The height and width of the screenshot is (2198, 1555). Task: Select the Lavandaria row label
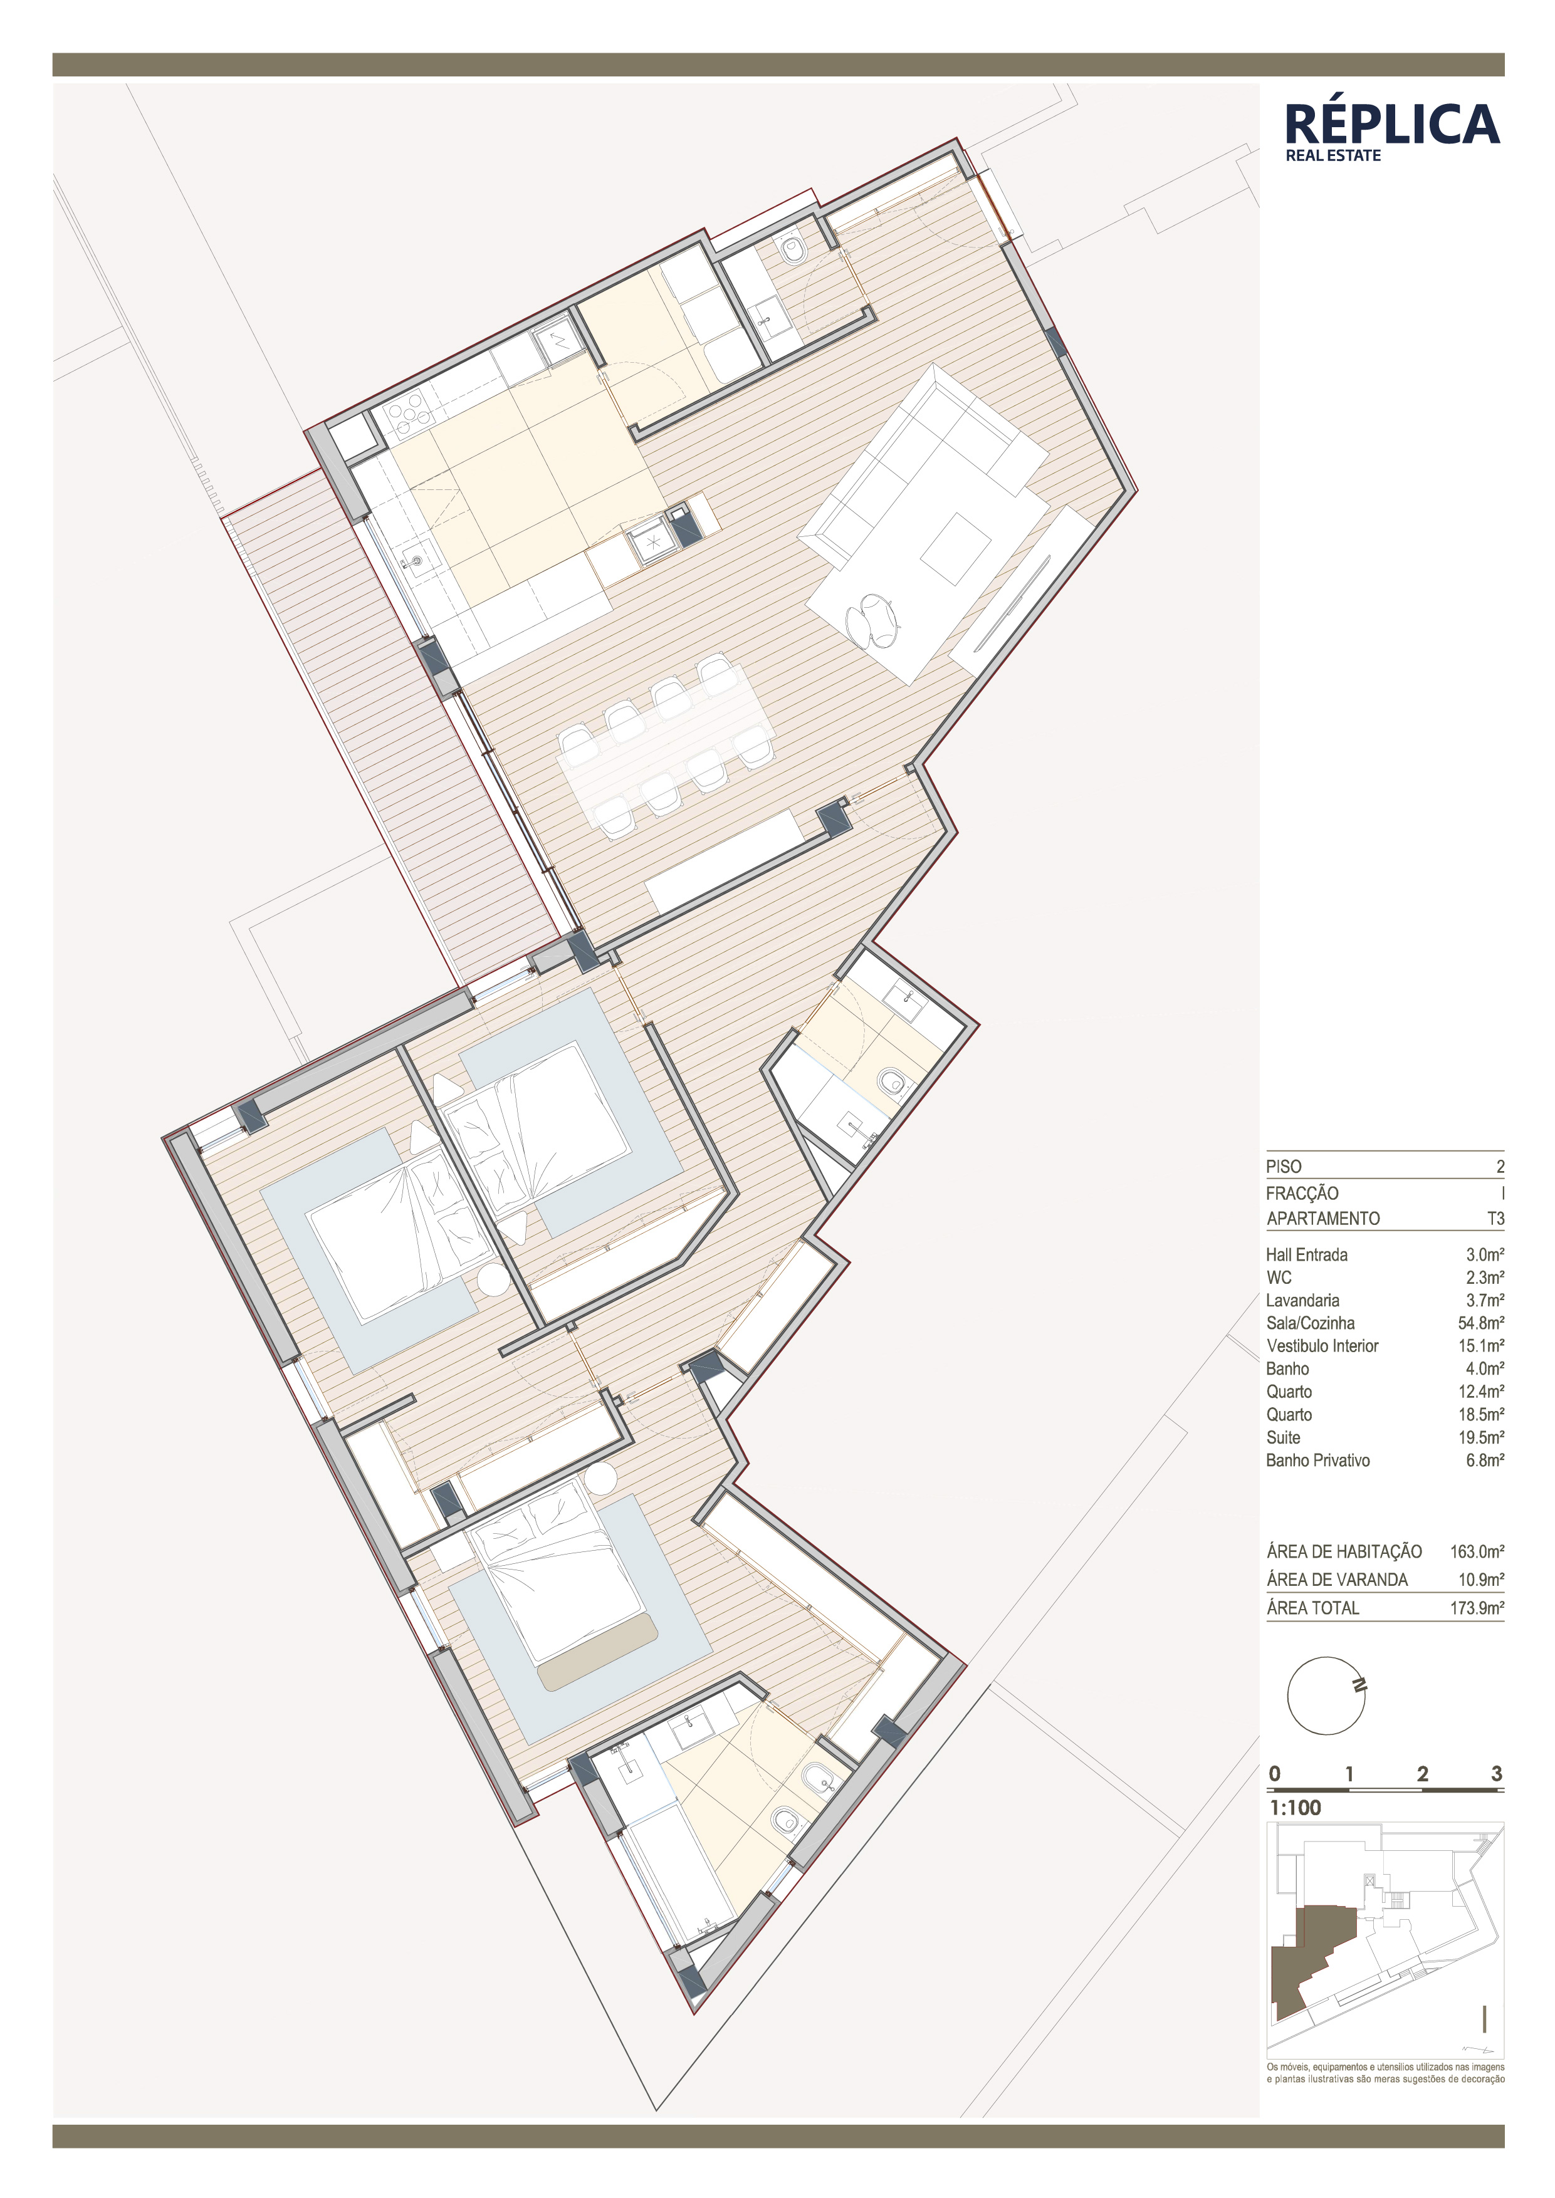pyautogui.click(x=1302, y=1300)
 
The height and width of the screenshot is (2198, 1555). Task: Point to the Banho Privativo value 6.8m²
pyautogui.click(x=1485, y=1460)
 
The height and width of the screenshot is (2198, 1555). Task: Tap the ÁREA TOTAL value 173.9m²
pyautogui.click(x=1477, y=1608)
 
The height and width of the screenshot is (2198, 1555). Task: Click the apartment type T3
pyautogui.click(x=1495, y=1219)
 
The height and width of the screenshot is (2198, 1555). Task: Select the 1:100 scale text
pyautogui.click(x=1294, y=1808)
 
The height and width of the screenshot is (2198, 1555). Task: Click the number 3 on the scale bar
pyautogui.click(x=1497, y=1774)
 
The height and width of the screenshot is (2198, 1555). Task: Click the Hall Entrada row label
pyautogui.click(x=1306, y=1254)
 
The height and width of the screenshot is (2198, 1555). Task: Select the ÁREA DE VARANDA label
pyautogui.click(x=1337, y=1580)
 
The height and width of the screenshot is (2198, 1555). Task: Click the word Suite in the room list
pyautogui.click(x=1283, y=1437)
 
